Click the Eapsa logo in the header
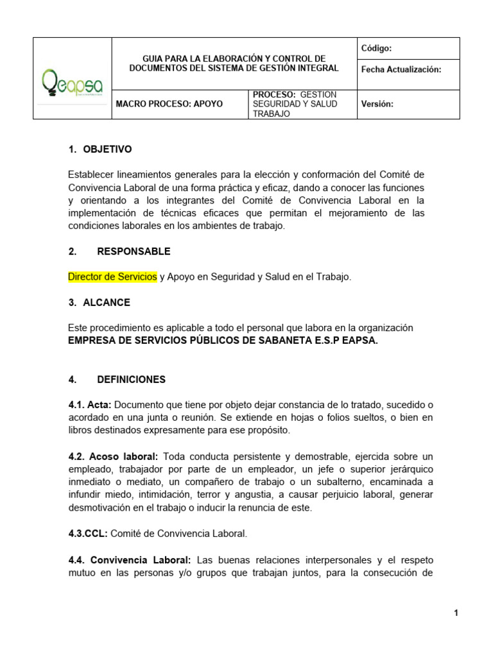(72, 85)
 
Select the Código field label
(377, 48)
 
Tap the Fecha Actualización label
(401, 69)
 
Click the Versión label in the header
(378, 104)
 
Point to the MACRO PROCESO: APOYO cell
(169, 104)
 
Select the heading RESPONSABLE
(134, 252)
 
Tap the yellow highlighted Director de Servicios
(112, 277)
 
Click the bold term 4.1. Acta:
(90, 405)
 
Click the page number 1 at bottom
(456, 613)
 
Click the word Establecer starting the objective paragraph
(91, 175)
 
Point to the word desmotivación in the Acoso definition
(101, 508)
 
